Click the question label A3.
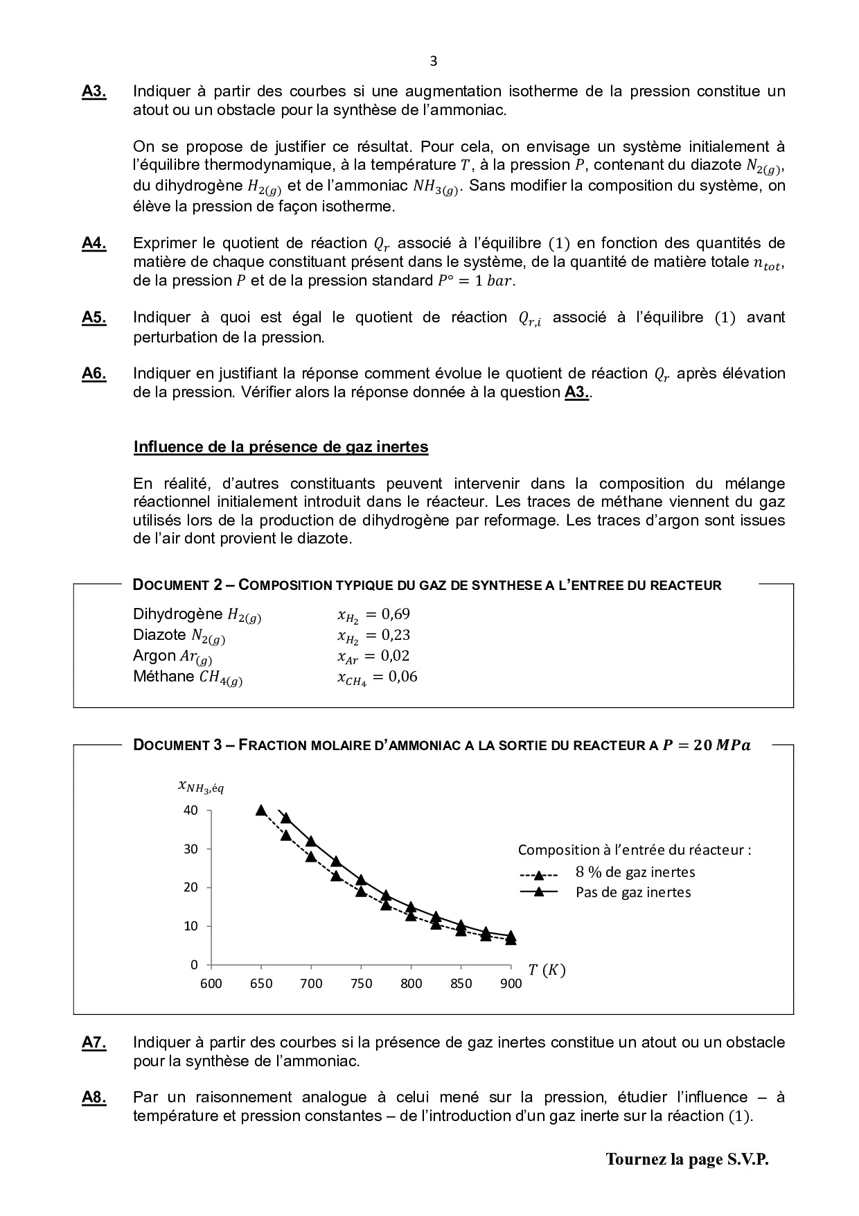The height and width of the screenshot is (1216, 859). (x=94, y=92)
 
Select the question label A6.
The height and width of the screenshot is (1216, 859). (x=94, y=374)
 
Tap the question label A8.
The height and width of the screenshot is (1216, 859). (x=94, y=1097)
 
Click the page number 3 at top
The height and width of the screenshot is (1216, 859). (x=434, y=61)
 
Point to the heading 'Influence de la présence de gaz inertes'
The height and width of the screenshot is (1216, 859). (x=281, y=447)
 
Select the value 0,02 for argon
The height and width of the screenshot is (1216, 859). (x=396, y=656)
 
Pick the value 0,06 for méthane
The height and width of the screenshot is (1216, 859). (x=402, y=677)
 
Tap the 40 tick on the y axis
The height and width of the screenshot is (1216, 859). (x=191, y=810)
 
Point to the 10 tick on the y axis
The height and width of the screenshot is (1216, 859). (x=191, y=926)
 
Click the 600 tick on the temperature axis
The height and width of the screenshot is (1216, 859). (x=211, y=984)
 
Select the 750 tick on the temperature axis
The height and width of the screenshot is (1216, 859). (x=361, y=984)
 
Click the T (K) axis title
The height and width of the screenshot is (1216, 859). (x=547, y=971)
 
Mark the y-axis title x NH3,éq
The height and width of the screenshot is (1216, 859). (x=201, y=787)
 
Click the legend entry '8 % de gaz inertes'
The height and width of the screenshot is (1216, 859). (x=635, y=872)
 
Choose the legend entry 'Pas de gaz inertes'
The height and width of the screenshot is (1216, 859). (x=633, y=892)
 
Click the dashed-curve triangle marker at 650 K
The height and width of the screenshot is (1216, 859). (x=261, y=810)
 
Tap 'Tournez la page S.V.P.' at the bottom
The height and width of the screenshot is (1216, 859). (x=687, y=1159)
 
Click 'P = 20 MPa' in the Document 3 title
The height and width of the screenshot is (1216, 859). (x=706, y=745)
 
